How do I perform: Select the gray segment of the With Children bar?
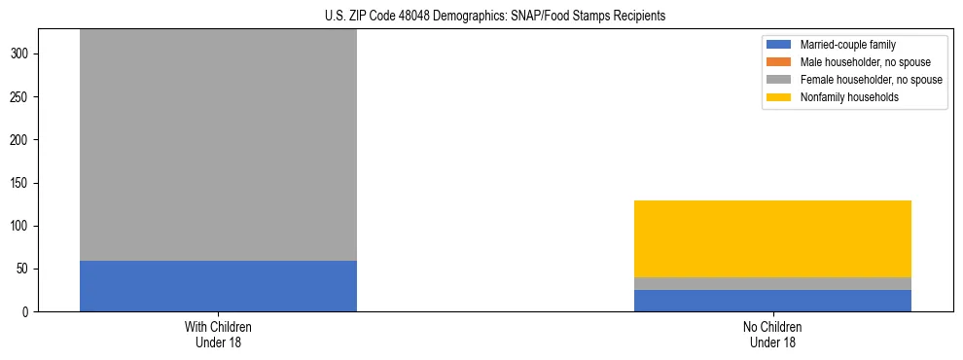pos(218,145)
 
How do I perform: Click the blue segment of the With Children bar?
pos(218,286)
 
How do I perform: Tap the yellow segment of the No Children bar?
pos(772,238)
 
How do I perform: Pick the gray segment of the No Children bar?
pos(772,283)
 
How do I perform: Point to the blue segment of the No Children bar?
pos(772,301)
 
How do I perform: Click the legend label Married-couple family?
pos(848,45)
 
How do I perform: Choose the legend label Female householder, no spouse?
pos(871,80)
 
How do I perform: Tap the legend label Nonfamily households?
pos(849,97)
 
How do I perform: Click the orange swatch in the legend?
pos(779,62)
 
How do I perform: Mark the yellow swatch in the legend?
pos(779,97)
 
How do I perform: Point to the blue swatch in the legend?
pos(779,45)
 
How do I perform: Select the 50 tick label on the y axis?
pos(24,270)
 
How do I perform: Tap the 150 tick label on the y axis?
pos(21,184)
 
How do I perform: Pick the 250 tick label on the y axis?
pos(21,97)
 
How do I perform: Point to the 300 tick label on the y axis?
pos(21,54)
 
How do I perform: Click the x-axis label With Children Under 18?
pos(218,335)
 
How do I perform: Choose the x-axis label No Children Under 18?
pos(772,335)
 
